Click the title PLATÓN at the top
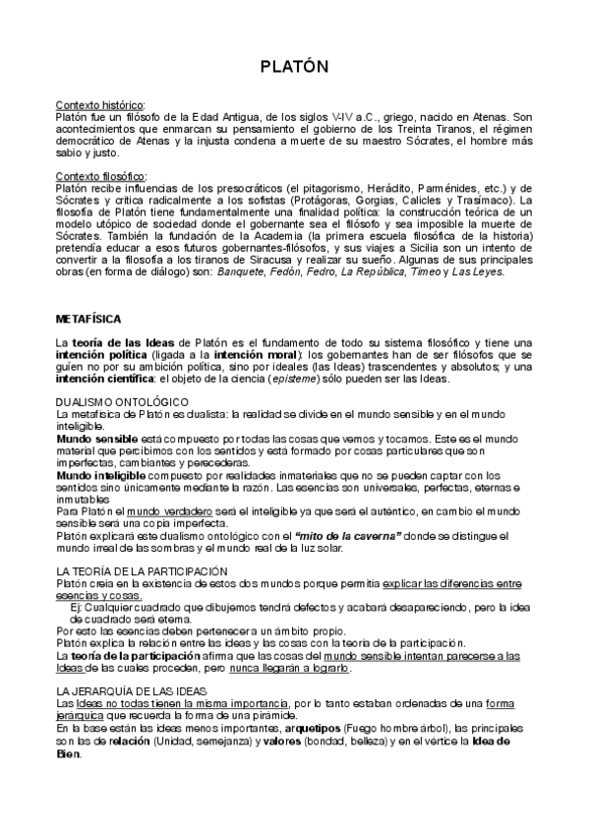tap(294, 67)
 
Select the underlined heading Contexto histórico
tap(101, 104)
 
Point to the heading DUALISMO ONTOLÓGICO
tap(122, 401)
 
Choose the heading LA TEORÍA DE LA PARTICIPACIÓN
tap(142, 571)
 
